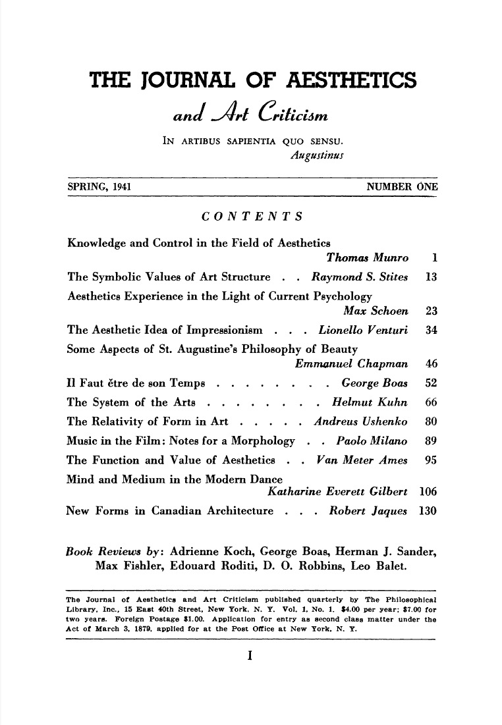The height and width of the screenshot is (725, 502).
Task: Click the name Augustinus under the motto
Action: (314, 156)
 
